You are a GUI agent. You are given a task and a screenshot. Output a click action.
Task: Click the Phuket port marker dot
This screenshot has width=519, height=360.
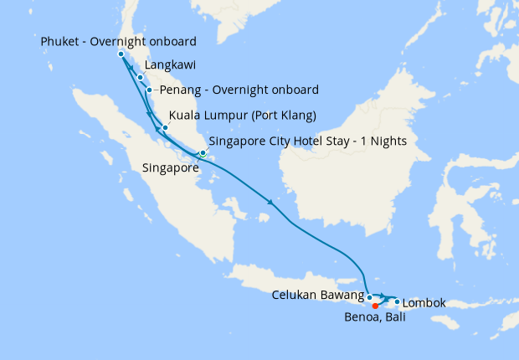(x=121, y=54)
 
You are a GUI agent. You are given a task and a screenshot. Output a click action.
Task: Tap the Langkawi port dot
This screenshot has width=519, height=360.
(x=140, y=77)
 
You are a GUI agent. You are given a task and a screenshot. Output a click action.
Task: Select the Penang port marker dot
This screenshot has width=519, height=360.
(x=149, y=90)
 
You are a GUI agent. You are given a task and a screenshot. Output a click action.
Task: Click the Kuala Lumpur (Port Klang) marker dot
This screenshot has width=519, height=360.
(x=165, y=127)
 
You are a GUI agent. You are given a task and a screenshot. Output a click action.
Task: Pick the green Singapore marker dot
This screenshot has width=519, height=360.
(x=203, y=153)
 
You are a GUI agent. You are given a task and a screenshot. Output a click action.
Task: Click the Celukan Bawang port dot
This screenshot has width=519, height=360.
(x=369, y=297)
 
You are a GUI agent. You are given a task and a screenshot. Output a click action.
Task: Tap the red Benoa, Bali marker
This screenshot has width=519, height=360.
(x=375, y=306)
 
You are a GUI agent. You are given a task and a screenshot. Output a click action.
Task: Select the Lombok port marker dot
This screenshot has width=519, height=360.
(x=397, y=301)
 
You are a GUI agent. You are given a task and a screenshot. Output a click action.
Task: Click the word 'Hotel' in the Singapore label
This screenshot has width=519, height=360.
(x=314, y=141)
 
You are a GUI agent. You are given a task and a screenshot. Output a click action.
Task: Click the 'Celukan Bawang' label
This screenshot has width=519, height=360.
(x=316, y=295)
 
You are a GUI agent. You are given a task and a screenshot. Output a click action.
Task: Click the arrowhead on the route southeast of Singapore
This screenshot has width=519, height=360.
(x=270, y=203)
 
